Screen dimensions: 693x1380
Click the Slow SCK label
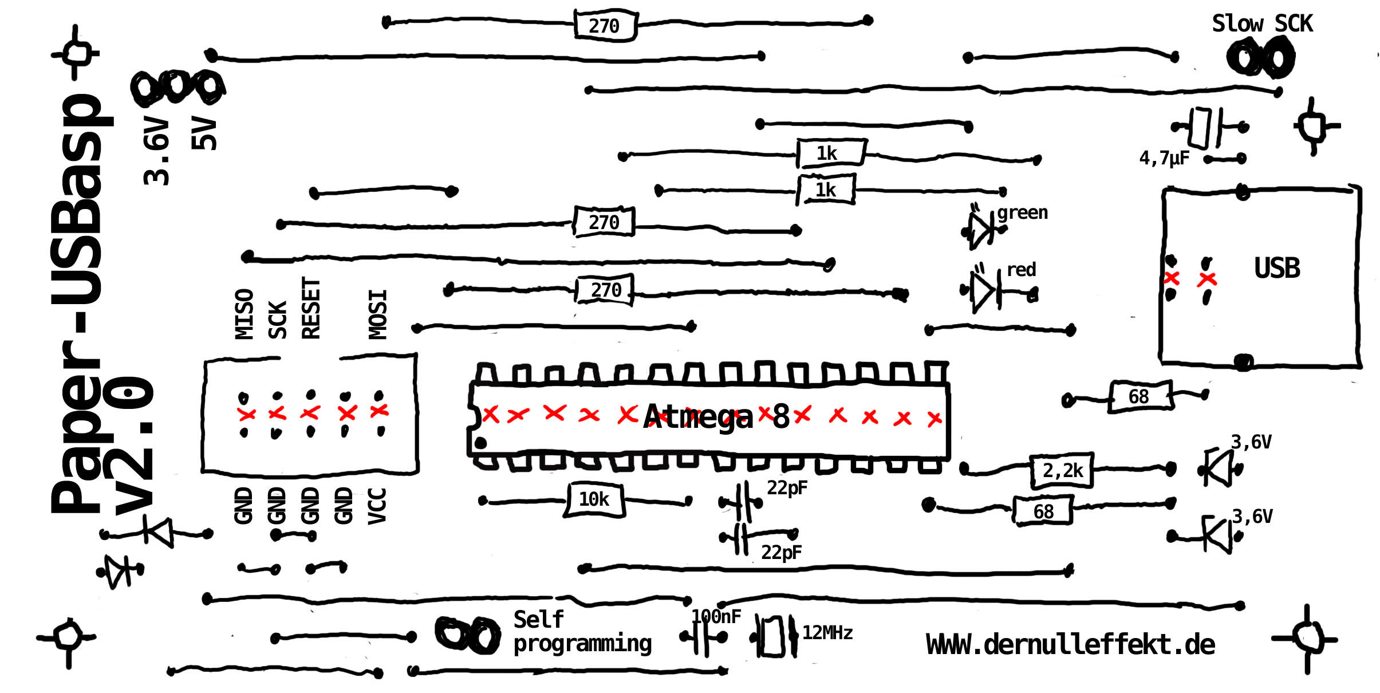tap(1262, 24)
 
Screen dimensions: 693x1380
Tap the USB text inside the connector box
tap(1277, 268)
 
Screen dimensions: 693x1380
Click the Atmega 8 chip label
tap(716, 416)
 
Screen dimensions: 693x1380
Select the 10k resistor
tap(594, 499)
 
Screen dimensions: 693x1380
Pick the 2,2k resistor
tap(1062, 470)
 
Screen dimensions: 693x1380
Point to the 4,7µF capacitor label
tap(1164, 157)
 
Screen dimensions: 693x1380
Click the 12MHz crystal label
tap(827, 632)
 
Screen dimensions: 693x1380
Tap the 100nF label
tap(716, 616)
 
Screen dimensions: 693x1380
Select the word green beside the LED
tap(1022, 212)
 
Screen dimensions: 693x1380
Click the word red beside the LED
tap(1022, 269)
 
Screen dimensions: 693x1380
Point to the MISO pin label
tap(245, 314)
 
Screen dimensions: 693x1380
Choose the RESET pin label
tap(311, 308)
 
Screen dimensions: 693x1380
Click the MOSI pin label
tap(378, 314)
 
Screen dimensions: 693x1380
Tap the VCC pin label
tap(377, 506)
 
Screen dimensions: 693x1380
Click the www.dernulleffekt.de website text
tap(1070, 645)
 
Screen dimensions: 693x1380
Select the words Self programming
tap(581, 632)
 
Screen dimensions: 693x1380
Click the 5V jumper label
tap(204, 133)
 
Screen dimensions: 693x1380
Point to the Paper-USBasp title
tap(77, 304)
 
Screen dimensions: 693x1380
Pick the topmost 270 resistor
tap(605, 26)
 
